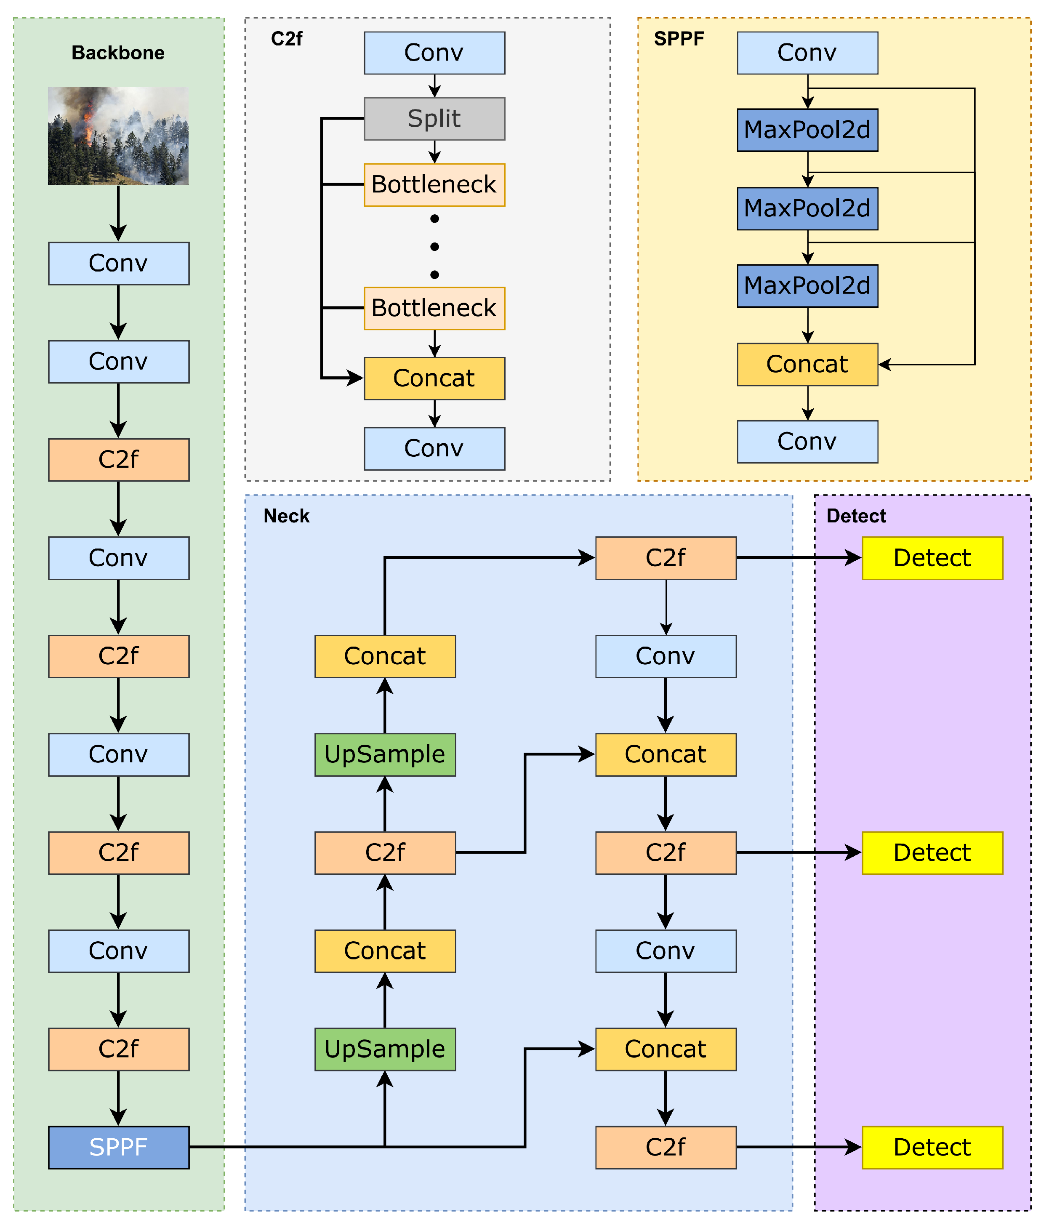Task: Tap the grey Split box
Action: [434, 119]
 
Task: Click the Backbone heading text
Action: [118, 53]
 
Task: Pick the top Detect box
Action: [932, 558]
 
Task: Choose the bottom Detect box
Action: [932, 1147]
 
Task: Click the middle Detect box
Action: [932, 853]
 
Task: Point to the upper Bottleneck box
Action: [434, 185]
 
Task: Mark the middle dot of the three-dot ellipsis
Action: [434, 247]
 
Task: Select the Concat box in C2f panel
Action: [434, 378]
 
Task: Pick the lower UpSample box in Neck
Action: [385, 1049]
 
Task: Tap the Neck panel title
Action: [286, 516]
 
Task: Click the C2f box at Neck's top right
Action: [666, 558]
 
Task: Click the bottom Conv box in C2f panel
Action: [434, 448]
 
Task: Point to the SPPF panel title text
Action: [679, 39]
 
